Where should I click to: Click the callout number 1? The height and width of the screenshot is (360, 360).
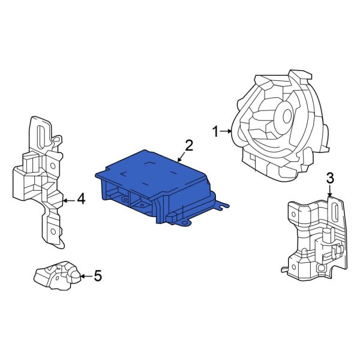215,130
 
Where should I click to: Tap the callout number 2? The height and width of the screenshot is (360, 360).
189,145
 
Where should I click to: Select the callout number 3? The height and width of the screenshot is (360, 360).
329,178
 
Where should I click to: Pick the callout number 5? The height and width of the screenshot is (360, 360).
98,276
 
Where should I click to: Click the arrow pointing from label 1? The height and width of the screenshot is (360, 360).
226,130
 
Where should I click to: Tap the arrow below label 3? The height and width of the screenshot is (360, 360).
329,191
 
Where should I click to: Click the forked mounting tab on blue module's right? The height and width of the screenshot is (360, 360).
222,207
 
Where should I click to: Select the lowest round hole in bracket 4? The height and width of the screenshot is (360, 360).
52,232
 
